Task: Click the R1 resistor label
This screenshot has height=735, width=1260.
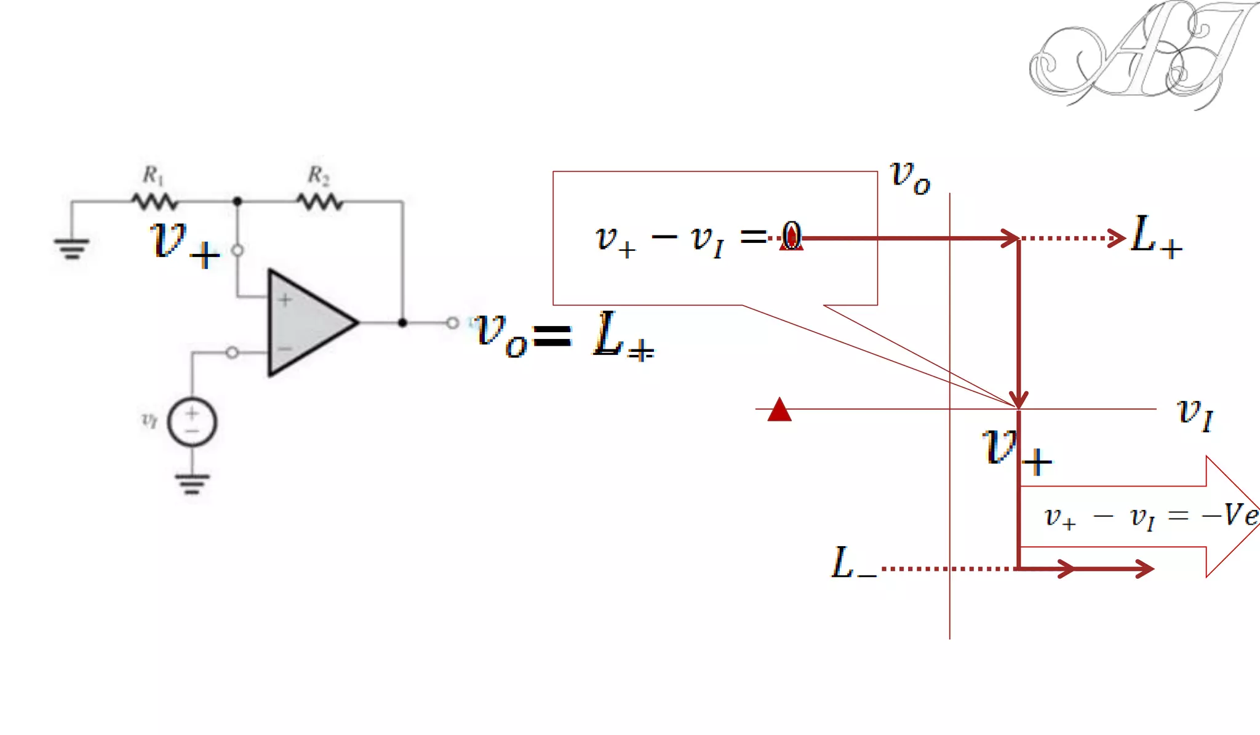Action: coord(153,175)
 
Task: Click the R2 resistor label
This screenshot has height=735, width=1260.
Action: coord(318,175)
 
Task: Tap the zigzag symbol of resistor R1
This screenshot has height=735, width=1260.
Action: coord(154,201)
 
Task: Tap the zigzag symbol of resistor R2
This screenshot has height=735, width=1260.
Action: coord(320,201)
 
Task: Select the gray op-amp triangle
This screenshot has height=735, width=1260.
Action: coord(308,322)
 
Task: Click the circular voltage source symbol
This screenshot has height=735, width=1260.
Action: coord(192,423)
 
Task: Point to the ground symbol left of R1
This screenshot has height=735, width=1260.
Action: coord(72,248)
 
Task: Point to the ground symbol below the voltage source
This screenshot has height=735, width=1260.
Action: coord(192,483)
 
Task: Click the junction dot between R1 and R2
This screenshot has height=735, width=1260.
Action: coord(237,201)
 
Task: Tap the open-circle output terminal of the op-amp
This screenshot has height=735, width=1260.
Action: coord(452,322)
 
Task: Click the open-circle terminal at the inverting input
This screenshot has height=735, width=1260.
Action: coord(232,352)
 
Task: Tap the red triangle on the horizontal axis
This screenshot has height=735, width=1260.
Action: coord(780,410)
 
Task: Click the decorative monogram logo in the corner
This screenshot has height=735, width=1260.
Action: coord(1138,55)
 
